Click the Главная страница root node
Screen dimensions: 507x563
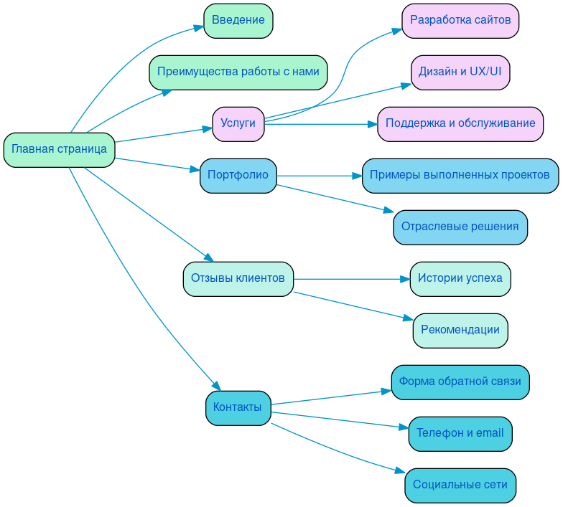(x=59, y=150)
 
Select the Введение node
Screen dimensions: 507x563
(x=238, y=21)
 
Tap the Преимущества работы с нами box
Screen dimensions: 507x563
(x=238, y=72)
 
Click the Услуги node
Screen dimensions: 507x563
(x=238, y=124)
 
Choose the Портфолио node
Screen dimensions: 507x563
(x=238, y=176)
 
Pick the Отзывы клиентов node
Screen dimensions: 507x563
(x=238, y=279)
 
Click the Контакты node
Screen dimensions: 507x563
(x=238, y=408)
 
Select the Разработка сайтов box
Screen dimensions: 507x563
(x=460, y=21)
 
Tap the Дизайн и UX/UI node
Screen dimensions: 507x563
(x=460, y=72)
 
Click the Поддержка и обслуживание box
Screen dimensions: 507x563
(x=460, y=124)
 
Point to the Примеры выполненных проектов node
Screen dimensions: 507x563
(x=460, y=176)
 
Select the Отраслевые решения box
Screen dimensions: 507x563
(x=460, y=227)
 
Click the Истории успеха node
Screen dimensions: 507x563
(x=460, y=279)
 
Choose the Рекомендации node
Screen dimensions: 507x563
(x=460, y=331)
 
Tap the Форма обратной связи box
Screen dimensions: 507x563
(x=460, y=382)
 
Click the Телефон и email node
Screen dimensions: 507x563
(x=460, y=434)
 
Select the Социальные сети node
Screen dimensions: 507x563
(x=460, y=485)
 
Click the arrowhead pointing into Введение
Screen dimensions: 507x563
(x=198, y=27)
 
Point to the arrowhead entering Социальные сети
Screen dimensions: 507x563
(x=400, y=470)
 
